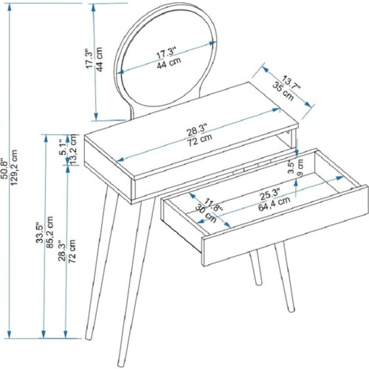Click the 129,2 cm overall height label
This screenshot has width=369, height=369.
coord(14,168)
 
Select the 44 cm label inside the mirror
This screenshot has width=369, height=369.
coord(169,62)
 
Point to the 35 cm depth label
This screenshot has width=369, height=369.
coord(283,91)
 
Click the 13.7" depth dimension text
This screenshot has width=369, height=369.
coord(291,84)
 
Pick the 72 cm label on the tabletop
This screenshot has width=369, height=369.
coord(200,140)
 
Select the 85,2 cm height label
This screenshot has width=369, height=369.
coord(50,232)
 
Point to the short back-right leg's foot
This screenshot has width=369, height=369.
coord(258,282)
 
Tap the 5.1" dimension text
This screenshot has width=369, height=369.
coord(63,148)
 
